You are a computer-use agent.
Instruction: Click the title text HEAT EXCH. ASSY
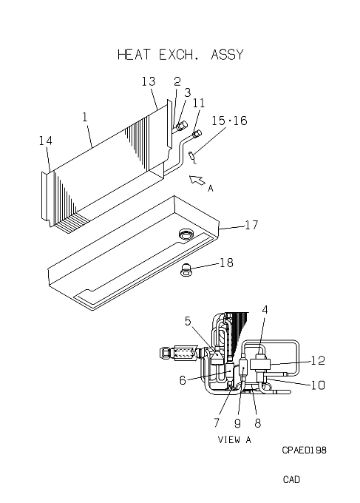click(180, 55)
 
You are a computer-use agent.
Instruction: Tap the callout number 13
click(149, 81)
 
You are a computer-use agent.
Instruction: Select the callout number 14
click(46, 141)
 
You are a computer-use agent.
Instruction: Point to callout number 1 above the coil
click(84, 117)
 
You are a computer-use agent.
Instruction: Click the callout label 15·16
click(230, 121)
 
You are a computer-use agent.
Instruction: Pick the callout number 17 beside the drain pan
click(251, 225)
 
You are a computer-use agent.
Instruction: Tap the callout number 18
click(226, 263)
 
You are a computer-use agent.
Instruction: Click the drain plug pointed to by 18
click(186, 269)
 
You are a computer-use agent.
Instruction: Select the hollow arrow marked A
click(197, 180)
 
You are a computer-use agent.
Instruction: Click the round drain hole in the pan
click(185, 234)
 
